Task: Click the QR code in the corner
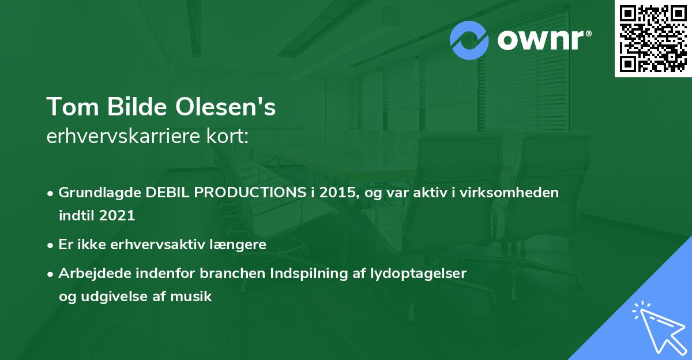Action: coord(653,39)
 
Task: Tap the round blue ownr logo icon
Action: coord(469,40)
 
